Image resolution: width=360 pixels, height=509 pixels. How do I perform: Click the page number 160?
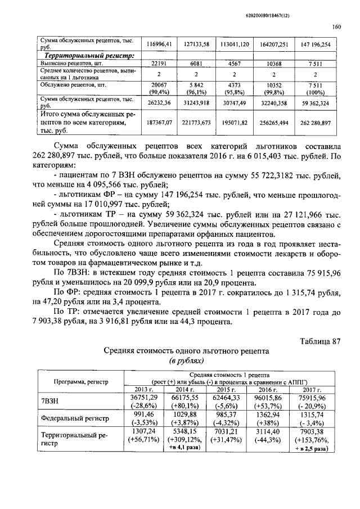(336, 26)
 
